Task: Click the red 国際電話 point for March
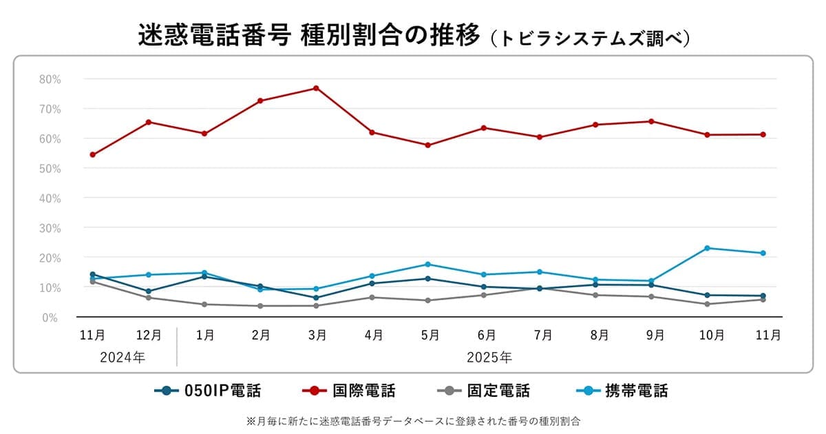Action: pyautogui.click(x=316, y=88)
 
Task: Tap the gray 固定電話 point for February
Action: pyautogui.click(x=260, y=306)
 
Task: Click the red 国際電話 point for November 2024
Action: pyautogui.click(x=92, y=155)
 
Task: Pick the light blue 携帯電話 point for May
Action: pyautogui.click(x=427, y=265)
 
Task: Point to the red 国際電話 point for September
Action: pyautogui.click(x=651, y=121)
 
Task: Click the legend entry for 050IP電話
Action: pyautogui.click(x=208, y=391)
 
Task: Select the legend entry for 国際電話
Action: pyautogui.click(x=349, y=391)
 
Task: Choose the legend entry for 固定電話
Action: pyautogui.click(x=484, y=391)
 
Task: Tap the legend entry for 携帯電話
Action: pyautogui.click(x=622, y=391)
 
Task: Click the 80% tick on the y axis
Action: pyautogui.click(x=50, y=79)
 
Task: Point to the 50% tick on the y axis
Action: pyautogui.click(x=50, y=168)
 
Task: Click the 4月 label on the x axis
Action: pyautogui.click(x=374, y=335)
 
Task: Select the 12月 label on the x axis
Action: pyautogui.click(x=149, y=335)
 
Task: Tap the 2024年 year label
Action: pyautogui.click(x=122, y=358)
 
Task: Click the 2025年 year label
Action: pyautogui.click(x=489, y=358)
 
